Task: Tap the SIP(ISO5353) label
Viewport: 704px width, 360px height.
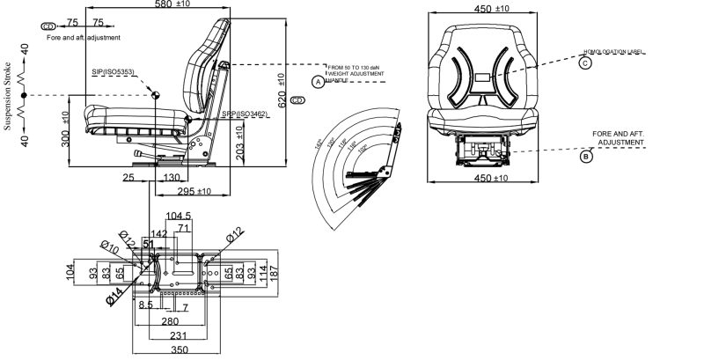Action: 113,71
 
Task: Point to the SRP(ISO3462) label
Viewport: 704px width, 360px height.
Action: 245,114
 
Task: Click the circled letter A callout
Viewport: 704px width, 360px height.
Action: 318,82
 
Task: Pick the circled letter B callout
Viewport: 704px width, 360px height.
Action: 586,158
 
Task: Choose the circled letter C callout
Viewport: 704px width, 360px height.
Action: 586,62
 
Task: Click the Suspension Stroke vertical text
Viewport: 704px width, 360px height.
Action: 8,95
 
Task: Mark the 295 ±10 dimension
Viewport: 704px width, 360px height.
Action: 194,191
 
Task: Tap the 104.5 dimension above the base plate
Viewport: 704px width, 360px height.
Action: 180,216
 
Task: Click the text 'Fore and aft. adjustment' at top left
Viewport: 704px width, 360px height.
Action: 83,38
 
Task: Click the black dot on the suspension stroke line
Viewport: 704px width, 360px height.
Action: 25,94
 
